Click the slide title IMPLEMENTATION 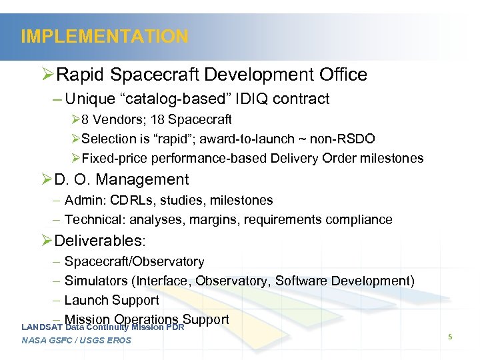(105, 36)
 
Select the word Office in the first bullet (343, 75)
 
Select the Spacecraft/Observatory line (134, 262)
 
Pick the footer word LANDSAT (42, 327)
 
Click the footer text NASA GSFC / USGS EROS (76, 341)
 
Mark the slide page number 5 (450, 337)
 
